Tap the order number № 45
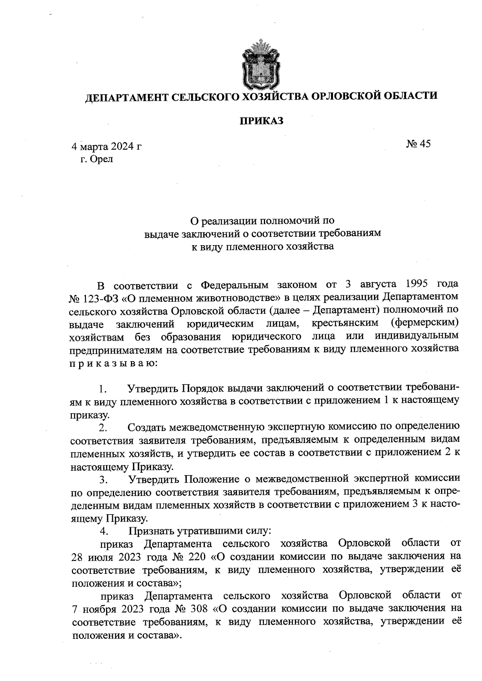pyautogui.click(x=419, y=144)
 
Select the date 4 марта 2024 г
pyautogui.click(x=106, y=146)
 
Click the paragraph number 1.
pyautogui.click(x=103, y=389)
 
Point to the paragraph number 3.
pyautogui.click(x=103, y=480)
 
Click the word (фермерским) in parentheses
pyautogui.click(x=424, y=323)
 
